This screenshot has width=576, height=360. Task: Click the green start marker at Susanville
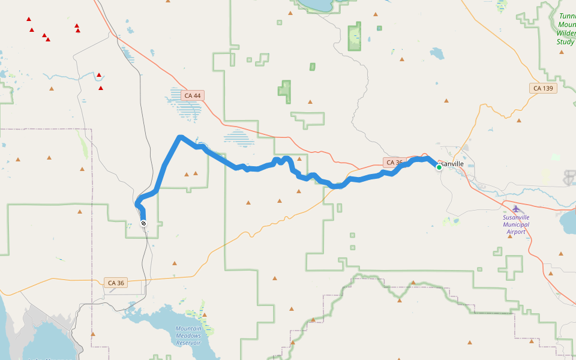(439, 167)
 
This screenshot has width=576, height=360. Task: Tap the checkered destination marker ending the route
(143, 223)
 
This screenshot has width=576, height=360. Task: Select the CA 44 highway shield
(193, 95)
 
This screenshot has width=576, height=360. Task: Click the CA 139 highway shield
(543, 88)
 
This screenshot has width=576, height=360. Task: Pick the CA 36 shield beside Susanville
(394, 163)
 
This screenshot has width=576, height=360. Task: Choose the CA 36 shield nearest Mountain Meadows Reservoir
(116, 283)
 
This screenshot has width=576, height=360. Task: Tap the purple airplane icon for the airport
(515, 208)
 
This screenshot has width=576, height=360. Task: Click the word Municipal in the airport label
(516, 224)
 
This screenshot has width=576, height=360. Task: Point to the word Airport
(516, 232)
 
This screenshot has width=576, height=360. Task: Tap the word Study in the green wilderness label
(565, 41)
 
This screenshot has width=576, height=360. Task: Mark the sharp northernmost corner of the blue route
(179, 138)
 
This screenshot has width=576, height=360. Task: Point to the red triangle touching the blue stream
(99, 76)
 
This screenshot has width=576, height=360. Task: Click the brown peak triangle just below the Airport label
(509, 236)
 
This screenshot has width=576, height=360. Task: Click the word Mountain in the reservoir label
(188, 329)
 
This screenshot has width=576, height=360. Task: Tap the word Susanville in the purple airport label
(516, 217)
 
